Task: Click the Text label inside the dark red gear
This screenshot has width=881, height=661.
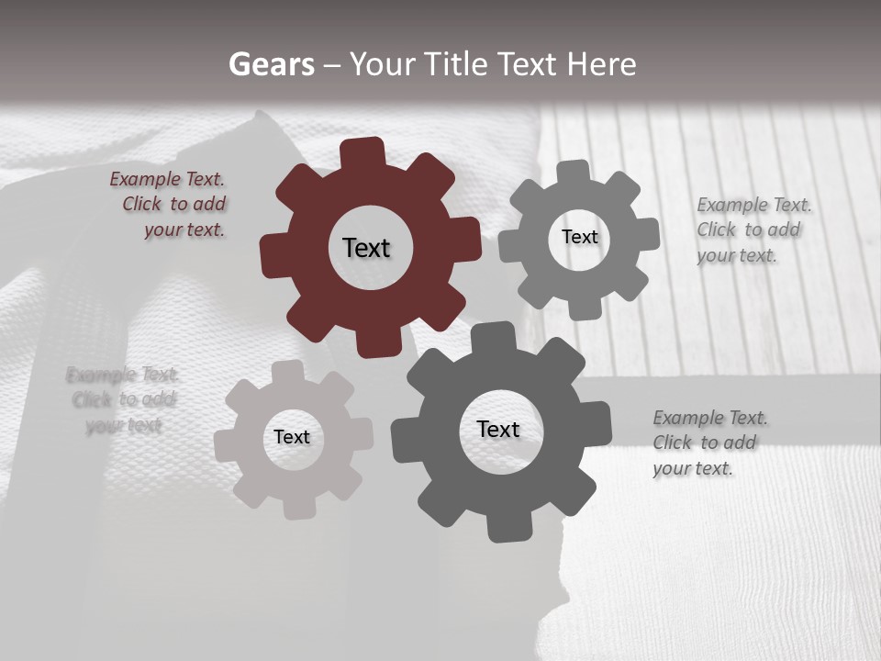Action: click(x=366, y=248)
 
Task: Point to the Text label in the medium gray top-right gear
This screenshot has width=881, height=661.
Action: click(x=579, y=237)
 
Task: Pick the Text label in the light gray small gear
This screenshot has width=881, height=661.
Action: click(x=292, y=437)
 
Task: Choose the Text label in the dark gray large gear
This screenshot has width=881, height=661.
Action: click(x=498, y=429)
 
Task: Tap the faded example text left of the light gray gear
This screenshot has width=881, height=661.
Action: click(x=122, y=400)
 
